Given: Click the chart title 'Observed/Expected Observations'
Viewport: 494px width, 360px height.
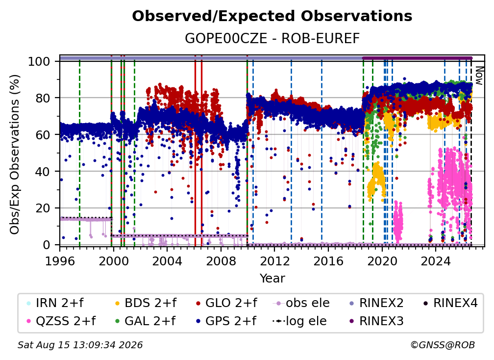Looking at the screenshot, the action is coord(272,16).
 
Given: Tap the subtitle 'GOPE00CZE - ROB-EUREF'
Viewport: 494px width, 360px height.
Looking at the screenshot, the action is coord(272,38).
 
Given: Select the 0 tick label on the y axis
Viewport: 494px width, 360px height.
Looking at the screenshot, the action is coord(47,245).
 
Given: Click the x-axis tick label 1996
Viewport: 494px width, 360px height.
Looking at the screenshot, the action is coord(60,261).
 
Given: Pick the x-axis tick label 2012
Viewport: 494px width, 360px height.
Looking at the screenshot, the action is coord(274,261).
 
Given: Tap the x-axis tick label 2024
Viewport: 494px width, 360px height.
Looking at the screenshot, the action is coord(435,261).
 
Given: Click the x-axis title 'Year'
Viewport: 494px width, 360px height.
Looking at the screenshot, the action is coord(272,279).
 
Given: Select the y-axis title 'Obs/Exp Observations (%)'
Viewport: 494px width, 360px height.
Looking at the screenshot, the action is coord(15,154).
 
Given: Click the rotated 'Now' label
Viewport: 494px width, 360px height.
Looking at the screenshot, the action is coord(479,76).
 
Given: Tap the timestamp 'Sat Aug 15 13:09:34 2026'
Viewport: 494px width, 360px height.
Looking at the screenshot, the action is coord(80,345).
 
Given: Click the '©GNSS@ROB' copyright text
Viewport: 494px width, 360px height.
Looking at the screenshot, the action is coord(443,345).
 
